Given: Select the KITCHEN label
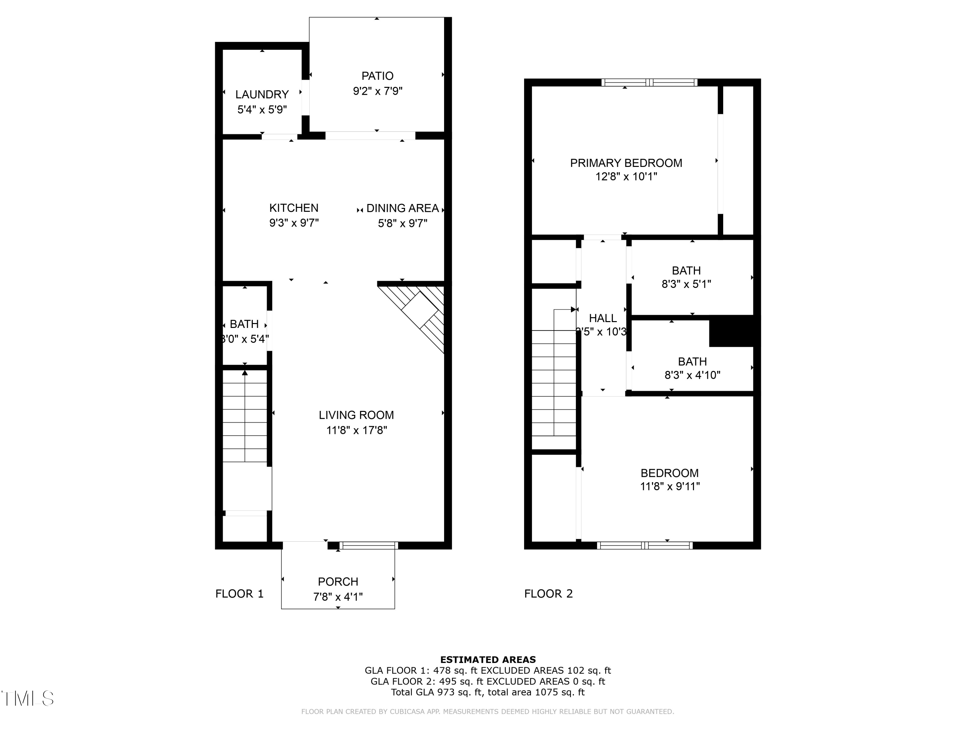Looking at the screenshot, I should coord(294,208).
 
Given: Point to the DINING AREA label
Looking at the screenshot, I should coord(402,208).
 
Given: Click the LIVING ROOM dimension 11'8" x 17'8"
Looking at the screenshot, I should coord(357,430).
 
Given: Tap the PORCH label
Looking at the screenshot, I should coord(338,582).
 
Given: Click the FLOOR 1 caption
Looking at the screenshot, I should coord(239,594).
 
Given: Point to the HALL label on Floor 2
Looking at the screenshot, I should coord(603,318).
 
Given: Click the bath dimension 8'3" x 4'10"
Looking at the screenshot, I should coord(692,375).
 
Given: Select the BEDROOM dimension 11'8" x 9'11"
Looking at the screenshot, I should coord(670,487).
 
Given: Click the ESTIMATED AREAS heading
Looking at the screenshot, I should coord(488,660).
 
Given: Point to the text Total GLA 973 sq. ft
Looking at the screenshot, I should coord(437,692).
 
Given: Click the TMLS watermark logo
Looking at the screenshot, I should coord(27,698).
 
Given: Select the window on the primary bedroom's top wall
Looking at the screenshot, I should coord(649,83).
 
